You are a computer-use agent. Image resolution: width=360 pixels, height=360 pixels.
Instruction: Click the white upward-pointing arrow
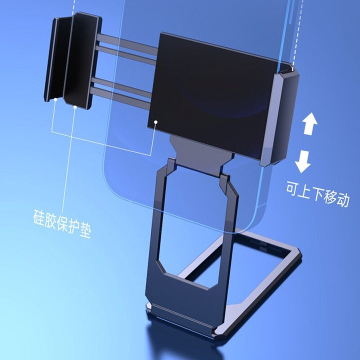click(310, 123)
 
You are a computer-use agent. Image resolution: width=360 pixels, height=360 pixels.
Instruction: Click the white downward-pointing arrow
click(303, 161)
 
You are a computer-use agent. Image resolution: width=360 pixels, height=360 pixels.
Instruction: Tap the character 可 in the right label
click(292, 188)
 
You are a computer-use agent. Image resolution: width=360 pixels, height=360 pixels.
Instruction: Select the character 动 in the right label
click(342, 199)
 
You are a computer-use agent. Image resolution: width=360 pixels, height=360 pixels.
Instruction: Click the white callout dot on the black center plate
click(156, 122)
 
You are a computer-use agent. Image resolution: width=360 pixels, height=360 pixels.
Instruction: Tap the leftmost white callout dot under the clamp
click(55, 99)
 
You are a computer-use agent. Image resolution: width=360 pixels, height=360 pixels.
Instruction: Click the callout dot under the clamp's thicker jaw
click(75, 107)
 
